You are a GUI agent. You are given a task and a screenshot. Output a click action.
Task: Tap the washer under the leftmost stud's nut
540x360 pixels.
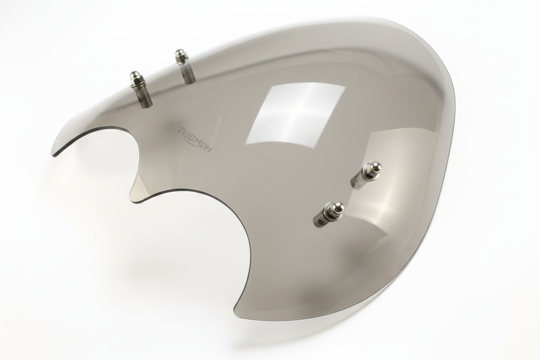click(x=136, y=84)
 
